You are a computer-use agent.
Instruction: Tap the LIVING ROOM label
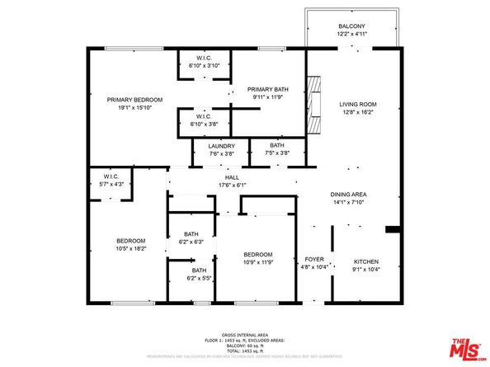click(357, 104)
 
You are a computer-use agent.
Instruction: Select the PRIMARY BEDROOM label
click(134, 99)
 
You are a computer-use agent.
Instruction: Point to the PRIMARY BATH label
click(267, 91)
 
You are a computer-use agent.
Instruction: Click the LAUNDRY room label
click(210, 145)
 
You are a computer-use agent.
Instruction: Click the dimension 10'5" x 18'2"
click(130, 247)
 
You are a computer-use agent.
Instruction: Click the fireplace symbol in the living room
click(314, 104)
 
